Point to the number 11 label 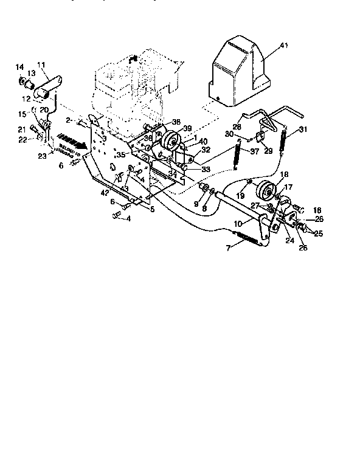click(41, 64)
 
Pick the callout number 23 click(41, 156)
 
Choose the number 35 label click(122, 155)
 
